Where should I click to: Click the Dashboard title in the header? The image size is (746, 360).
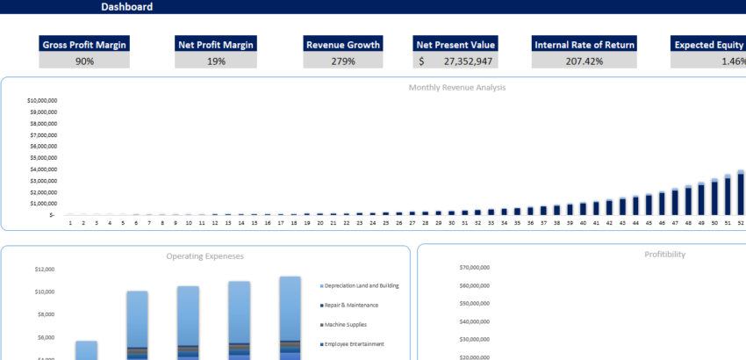pyautogui.click(x=126, y=7)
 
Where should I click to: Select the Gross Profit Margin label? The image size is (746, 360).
pyautogui.click(x=84, y=45)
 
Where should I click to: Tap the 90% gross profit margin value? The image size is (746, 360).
pyautogui.click(x=84, y=61)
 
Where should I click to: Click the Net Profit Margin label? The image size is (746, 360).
pyautogui.click(x=215, y=45)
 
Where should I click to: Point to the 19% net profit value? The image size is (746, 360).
pyautogui.click(x=215, y=61)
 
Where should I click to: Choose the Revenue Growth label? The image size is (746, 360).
pyautogui.click(x=342, y=45)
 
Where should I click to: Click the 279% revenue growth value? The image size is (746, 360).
pyautogui.click(x=342, y=61)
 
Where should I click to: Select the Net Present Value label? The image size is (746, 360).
pyautogui.click(x=455, y=45)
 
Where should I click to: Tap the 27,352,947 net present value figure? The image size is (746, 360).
pyautogui.click(x=468, y=61)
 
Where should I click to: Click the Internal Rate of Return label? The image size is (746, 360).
pyautogui.click(x=585, y=45)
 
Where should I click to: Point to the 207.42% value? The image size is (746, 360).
pyautogui.click(x=585, y=61)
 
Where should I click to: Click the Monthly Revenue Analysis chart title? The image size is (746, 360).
pyautogui.click(x=456, y=88)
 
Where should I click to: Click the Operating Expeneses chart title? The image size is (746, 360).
pyautogui.click(x=204, y=256)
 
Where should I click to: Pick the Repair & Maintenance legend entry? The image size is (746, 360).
pyautogui.click(x=352, y=306)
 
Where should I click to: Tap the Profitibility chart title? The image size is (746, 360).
pyautogui.click(x=664, y=255)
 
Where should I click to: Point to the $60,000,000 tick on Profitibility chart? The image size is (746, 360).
pyautogui.click(x=474, y=285)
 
